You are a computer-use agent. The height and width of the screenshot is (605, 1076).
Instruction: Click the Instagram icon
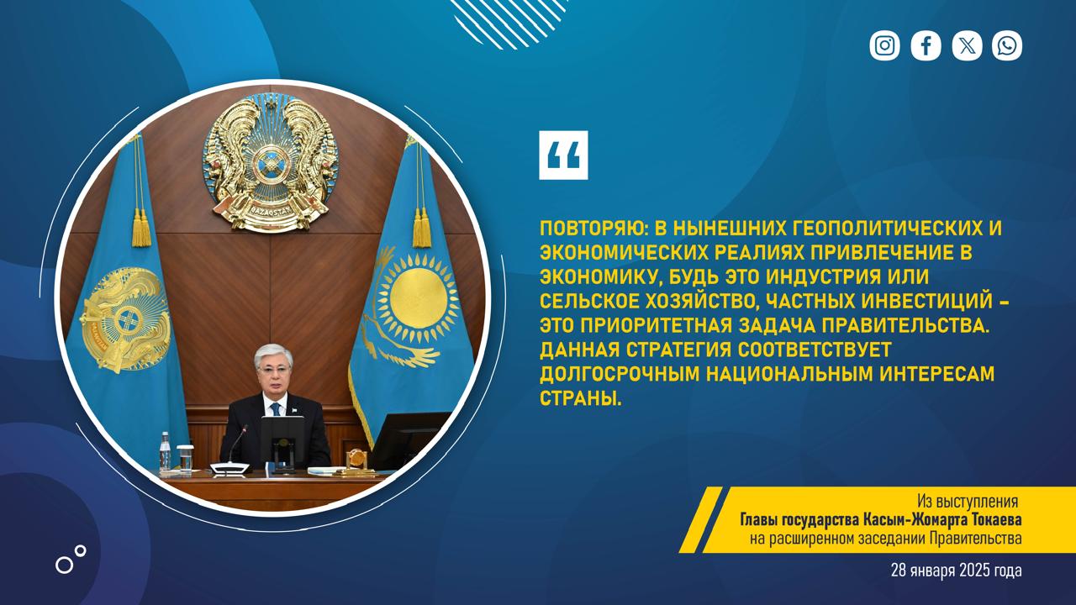pyautogui.click(x=884, y=45)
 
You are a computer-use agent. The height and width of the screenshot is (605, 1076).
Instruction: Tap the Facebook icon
pyautogui.click(x=926, y=45)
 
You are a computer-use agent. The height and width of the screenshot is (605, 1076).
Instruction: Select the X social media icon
pyautogui.click(x=967, y=45)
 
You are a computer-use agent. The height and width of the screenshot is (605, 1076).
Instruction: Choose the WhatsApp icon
pyautogui.click(x=1007, y=45)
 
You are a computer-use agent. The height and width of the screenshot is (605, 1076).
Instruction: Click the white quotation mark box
pyautogui.click(x=563, y=155)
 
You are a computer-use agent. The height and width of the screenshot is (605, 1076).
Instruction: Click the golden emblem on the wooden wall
pyautogui.click(x=271, y=162)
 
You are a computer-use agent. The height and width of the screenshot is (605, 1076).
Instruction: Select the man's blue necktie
pyautogui.click(x=275, y=409)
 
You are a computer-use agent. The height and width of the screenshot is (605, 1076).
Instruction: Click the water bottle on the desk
pyautogui.click(x=165, y=451)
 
